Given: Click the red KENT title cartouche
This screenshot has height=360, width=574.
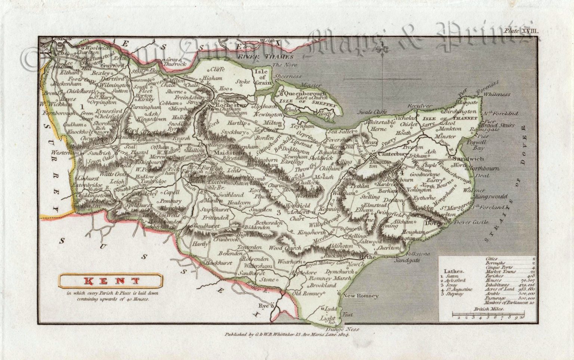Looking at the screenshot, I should click(110, 281).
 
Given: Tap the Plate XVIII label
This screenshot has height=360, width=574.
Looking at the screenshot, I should click(521, 31).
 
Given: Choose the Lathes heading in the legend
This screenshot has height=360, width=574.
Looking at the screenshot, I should click(454, 271).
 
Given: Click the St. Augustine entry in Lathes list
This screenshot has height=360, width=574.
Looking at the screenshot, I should click(459, 289).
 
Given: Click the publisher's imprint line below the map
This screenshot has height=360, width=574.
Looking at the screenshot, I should click(286, 335).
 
